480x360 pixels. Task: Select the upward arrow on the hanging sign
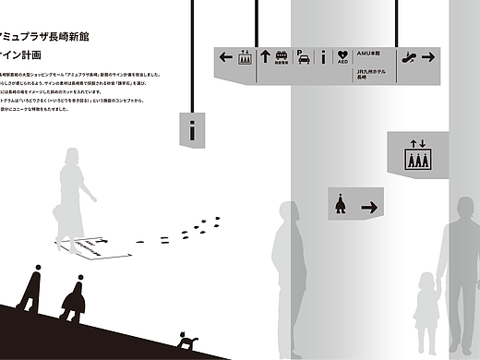265,56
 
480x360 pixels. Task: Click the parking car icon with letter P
304,57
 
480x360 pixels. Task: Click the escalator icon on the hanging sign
408,57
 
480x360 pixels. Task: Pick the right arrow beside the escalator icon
427,57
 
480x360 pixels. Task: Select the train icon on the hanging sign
282,56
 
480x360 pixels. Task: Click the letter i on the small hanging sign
192,130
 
